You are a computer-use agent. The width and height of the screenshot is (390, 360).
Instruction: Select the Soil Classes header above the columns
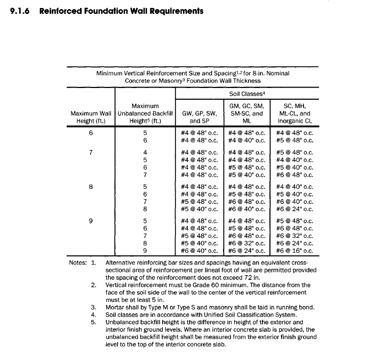coord(248,94)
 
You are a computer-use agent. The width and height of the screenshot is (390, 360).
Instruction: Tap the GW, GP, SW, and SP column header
coord(200,117)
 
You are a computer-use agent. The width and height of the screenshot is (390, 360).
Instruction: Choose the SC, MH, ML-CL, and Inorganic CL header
coord(295,113)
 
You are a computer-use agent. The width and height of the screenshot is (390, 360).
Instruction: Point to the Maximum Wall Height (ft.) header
coord(91,117)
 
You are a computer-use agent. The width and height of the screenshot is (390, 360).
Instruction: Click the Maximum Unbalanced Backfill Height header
coord(145,113)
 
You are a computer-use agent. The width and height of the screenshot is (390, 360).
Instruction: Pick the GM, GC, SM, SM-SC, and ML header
coord(248,113)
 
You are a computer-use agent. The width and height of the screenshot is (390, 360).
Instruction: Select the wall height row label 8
coord(91,187)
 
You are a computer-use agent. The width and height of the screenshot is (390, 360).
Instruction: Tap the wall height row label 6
coord(91,133)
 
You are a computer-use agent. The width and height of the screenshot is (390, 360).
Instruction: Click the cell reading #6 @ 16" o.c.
coord(295,251)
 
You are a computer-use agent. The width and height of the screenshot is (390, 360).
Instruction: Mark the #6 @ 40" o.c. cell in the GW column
coord(200,251)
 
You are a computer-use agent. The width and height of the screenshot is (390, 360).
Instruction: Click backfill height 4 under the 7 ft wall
coord(145,152)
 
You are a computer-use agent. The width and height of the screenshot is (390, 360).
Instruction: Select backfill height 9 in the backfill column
coord(145,251)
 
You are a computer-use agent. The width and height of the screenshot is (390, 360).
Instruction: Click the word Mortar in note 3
coord(116,307)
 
